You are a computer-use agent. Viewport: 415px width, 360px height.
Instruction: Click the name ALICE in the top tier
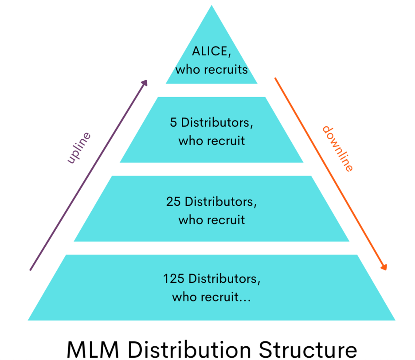(x=210, y=51)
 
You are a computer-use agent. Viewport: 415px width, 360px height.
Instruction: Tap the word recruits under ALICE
(x=226, y=70)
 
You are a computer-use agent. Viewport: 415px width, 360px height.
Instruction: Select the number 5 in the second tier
(x=173, y=122)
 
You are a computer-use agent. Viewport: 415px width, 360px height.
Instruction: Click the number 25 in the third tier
(x=173, y=201)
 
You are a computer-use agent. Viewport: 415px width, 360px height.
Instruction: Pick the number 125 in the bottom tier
(x=174, y=278)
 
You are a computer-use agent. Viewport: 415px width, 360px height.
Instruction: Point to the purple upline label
(x=78, y=148)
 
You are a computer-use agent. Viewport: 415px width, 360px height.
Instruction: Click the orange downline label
(x=338, y=149)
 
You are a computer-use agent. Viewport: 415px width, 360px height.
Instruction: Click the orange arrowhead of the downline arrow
(x=384, y=267)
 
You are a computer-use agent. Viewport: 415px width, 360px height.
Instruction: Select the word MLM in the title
(x=93, y=350)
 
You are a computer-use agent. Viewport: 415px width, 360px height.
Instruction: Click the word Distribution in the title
(x=189, y=349)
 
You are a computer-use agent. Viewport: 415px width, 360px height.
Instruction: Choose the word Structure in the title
(x=308, y=350)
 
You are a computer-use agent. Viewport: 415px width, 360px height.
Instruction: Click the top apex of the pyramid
(x=211, y=5)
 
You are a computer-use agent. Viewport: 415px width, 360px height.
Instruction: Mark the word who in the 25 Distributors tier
(x=189, y=220)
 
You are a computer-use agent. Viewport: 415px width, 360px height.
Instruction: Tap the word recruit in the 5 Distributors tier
(x=223, y=141)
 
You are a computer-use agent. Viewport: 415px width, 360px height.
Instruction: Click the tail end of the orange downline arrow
(x=275, y=78)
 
